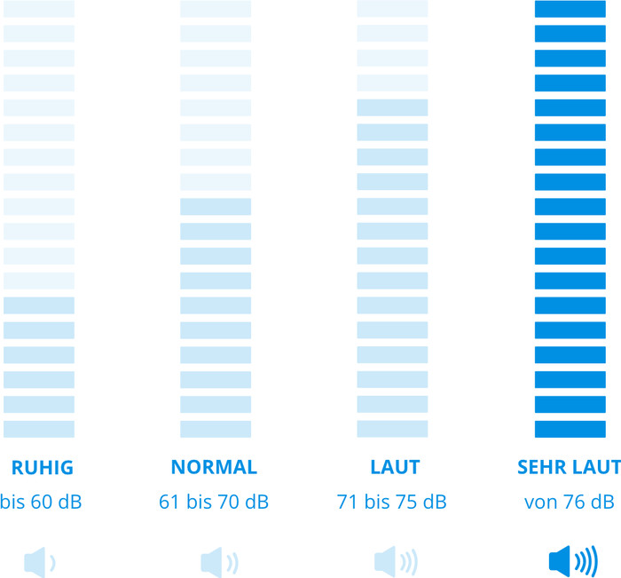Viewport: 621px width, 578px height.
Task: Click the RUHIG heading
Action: point(41,467)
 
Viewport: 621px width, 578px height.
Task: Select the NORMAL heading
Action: point(214,467)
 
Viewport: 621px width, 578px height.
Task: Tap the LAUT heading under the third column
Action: point(395,467)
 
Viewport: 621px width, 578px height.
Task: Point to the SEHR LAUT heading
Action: point(569,467)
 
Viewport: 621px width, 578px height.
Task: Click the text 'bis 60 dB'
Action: point(41,503)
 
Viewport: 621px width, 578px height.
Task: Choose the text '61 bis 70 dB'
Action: point(214,503)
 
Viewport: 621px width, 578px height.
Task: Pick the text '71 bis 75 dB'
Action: point(392,503)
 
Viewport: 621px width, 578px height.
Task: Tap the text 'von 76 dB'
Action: point(569,503)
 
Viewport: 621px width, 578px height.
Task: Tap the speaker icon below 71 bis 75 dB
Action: point(396,561)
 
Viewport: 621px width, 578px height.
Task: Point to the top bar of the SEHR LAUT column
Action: point(570,9)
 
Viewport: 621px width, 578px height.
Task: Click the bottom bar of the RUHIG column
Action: point(39,429)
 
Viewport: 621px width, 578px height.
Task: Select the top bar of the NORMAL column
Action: point(216,9)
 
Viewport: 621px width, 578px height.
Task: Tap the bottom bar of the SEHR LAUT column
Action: point(570,429)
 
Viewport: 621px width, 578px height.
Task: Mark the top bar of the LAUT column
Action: point(392,9)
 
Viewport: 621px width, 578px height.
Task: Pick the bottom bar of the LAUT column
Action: point(392,429)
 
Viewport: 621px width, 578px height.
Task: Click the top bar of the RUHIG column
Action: point(39,9)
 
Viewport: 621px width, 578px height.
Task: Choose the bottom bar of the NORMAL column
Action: point(216,429)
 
